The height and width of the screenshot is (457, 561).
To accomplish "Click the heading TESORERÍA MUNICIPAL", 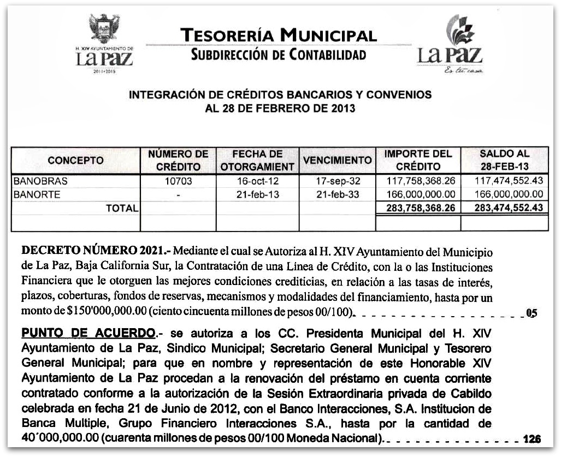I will [278, 36].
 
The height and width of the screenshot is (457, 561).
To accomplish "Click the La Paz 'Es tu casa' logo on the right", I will [450, 46].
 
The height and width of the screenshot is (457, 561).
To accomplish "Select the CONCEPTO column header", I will [75, 161].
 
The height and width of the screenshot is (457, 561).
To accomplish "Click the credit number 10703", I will [178, 181].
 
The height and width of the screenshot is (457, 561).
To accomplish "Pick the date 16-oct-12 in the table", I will [257, 181].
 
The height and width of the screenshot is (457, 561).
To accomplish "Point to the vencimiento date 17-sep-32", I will [338, 181].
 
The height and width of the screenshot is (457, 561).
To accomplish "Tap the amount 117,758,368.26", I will [419, 181].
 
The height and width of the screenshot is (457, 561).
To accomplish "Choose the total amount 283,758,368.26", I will [419, 207].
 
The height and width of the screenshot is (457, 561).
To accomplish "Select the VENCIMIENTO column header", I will [338, 161].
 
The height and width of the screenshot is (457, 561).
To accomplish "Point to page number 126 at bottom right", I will [531, 438].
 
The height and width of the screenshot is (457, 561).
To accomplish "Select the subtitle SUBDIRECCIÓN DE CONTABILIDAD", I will [278, 55].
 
